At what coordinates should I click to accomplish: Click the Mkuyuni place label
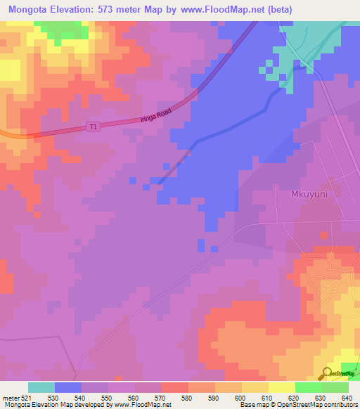[311, 195]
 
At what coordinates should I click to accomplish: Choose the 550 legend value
[108, 398]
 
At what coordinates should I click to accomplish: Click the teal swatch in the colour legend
[41, 387]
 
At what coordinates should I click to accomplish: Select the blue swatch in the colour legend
[68, 387]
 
